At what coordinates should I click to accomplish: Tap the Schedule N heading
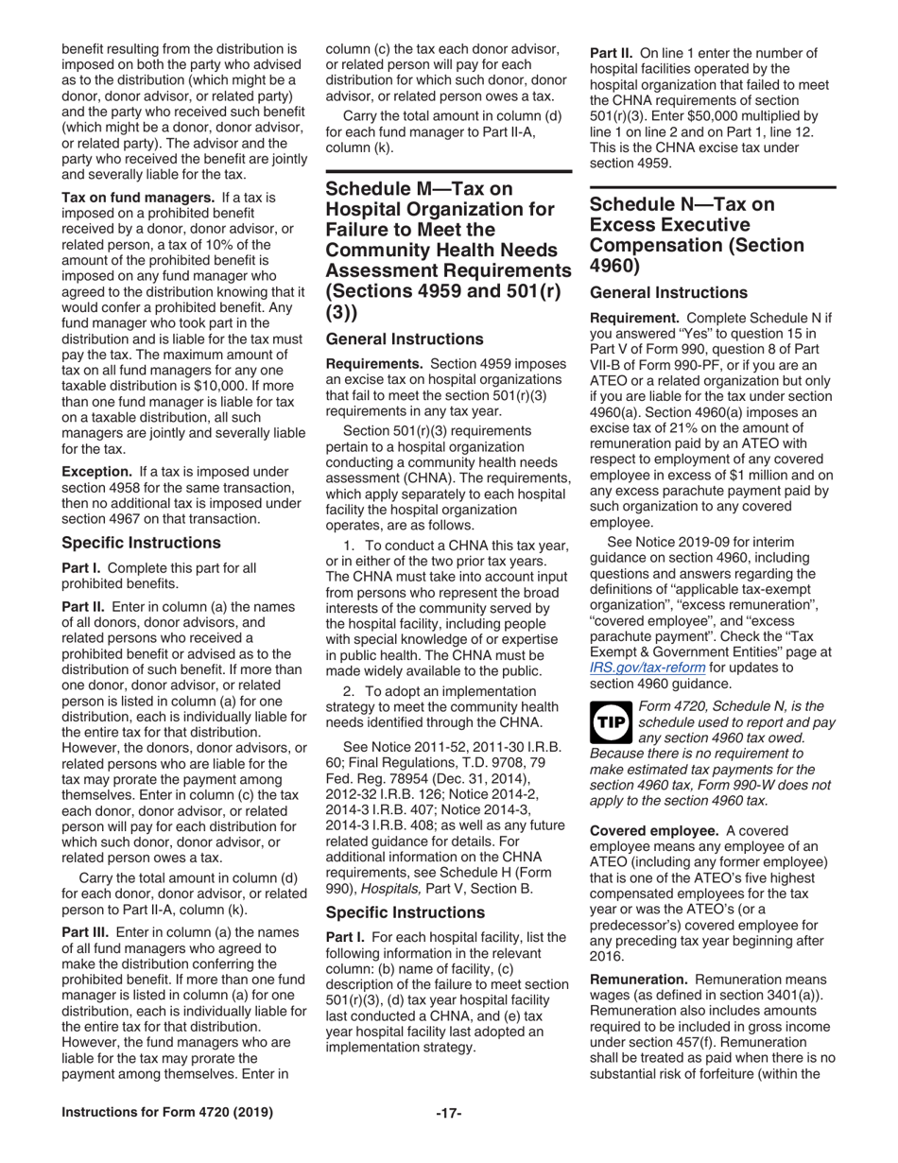click(697, 235)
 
